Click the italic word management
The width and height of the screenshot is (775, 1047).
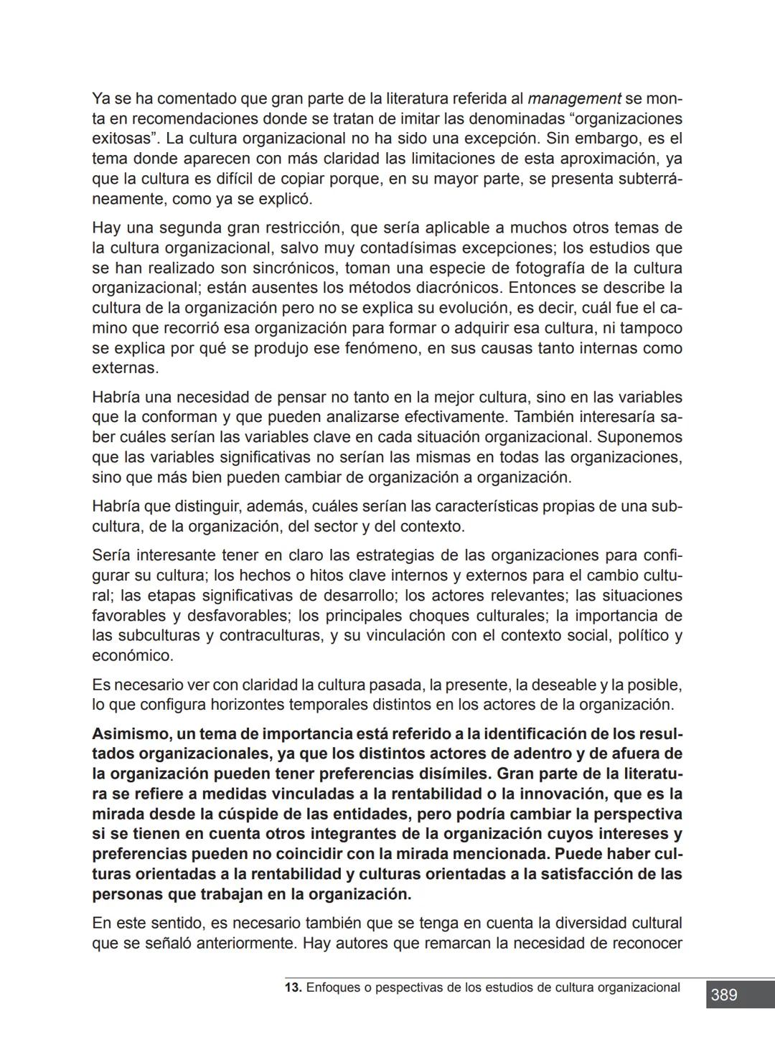click(x=574, y=98)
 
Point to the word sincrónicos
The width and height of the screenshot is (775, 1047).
click(x=294, y=268)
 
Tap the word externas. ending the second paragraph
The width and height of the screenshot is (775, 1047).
click(x=125, y=369)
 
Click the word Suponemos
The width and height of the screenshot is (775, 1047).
click(x=639, y=438)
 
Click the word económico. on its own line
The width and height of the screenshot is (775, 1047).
click(x=133, y=656)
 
